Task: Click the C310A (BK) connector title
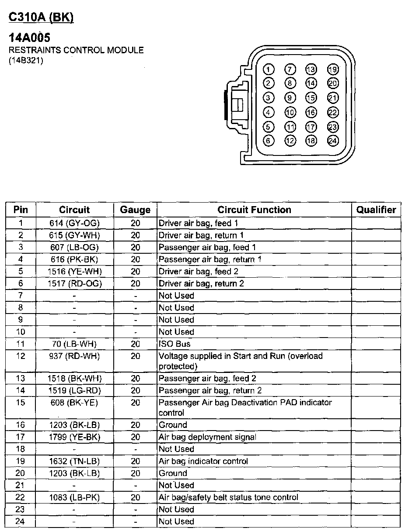click(x=41, y=17)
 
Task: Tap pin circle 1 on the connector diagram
click(x=269, y=69)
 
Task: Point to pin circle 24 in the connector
click(x=333, y=141)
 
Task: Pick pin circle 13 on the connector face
click(x=311, y=69)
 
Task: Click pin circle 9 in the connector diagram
click(x=290, y=98)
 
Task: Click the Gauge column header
click(x=135, y=210)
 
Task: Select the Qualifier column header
click(x=376, y=210)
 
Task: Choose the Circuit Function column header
click(x=254, y=210)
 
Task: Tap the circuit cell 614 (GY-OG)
click(x=75, y=223)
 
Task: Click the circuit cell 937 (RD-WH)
click(x=75, y=356)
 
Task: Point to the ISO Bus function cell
click(x=175, y=344)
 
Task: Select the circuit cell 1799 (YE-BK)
click(x=75, y=437)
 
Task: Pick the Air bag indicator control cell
click(x=203, y=461)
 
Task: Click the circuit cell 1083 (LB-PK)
click(x=75, y=497)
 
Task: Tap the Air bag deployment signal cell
click(x=207, y=437)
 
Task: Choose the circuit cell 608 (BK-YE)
click(x=75, y=403)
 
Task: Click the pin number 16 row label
click(x=21, y=425)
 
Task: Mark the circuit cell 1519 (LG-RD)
click(x=75, y=390)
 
